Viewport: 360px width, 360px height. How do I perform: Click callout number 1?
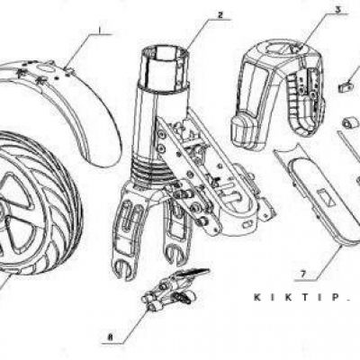pyautogui.click(x=100, y=30)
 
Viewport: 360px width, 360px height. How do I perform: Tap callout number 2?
pyautogui.click(x=220, y=15)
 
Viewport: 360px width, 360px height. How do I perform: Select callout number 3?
pyautogui.click(x=338, y=10)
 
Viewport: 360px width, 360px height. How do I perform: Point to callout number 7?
pyautogui.click(x=303, y=274)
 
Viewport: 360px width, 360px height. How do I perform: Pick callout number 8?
pyautogui.click(x=111, y=337)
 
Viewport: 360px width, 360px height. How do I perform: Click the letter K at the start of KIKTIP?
pyautogui.click(x=257, y=297)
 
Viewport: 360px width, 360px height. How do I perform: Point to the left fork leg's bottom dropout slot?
pyautogui.click(x=123, y=268)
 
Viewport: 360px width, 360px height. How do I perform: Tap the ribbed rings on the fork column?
pyautogui.click(x=150, y=174)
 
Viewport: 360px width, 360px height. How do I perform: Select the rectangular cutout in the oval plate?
pyautogui.click(x=326, y=199)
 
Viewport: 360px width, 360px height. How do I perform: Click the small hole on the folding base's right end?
pyautogui.click(x=248, y=224)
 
